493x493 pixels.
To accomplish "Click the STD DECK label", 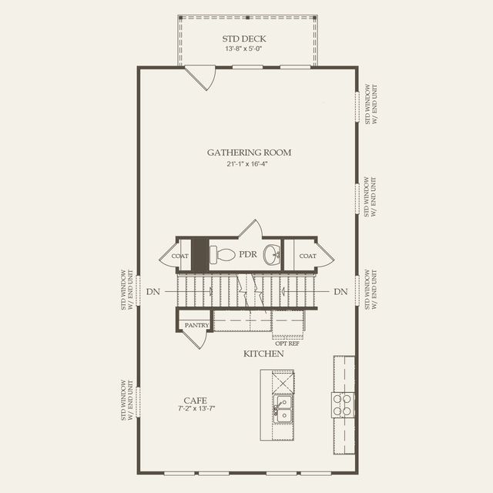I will pyautogui.click(x=247, y=38).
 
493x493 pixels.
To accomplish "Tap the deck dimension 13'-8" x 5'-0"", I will pyautogui.click(x=247, y=49).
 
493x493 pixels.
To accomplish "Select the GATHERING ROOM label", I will pyautogui.click(x=249, y=153).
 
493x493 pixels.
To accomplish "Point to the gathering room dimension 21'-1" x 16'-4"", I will pyautogui.click(x=249, y=164).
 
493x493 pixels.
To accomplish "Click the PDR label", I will pyautogui.click(x=247, y=254).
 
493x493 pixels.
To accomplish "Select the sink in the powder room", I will pyautogui.click(x=272, y=254).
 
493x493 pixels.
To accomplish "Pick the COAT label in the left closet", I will pyautogui.click(x=180, y=256).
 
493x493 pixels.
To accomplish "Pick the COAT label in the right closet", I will pyautogui.click(x=307, y=256).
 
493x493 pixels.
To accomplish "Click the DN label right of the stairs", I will pyautogui.click(x=340, y=292).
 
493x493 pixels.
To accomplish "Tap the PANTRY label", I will pyautogui.click(x=196, y=325).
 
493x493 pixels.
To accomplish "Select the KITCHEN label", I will pyautogui.click(x=263, y=354).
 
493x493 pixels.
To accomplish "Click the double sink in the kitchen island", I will pyautogui.click(x=283, y=408).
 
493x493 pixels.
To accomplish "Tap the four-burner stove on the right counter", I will pyautogui.click(x=343, y=404).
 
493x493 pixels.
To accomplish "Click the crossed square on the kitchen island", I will pyautogui.click(x=283, y=381).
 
